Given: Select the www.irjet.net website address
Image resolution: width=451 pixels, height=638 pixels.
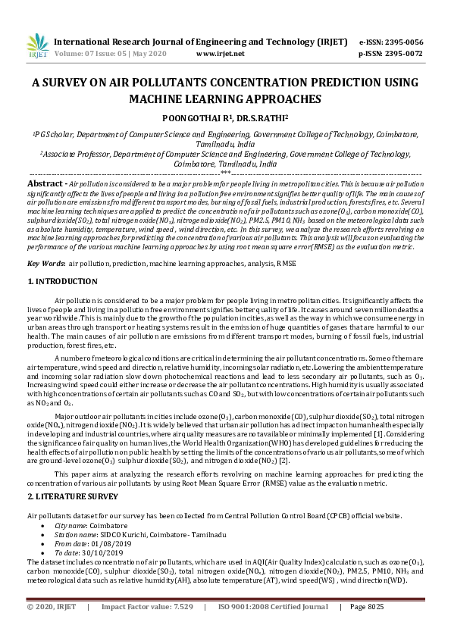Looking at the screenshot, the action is pos(220,54).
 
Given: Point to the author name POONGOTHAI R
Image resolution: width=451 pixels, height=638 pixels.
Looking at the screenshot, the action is pos(191,118).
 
